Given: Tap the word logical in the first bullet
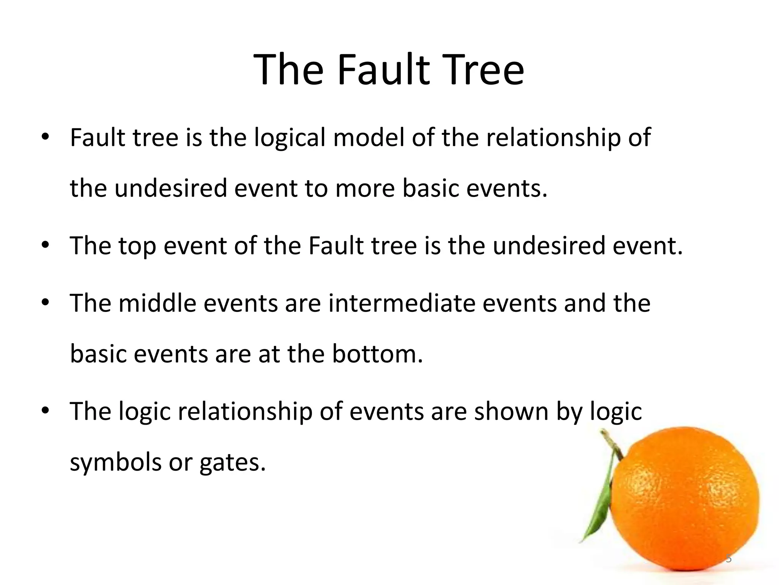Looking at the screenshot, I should click(289, 138).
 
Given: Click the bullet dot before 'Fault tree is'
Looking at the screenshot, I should click(46, 138).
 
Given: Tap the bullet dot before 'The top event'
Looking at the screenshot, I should click(46, 246).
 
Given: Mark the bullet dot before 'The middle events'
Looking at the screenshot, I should click(46, 303).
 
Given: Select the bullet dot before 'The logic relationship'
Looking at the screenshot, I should click(46, 411).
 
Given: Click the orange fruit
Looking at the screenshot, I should click(685, 503).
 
